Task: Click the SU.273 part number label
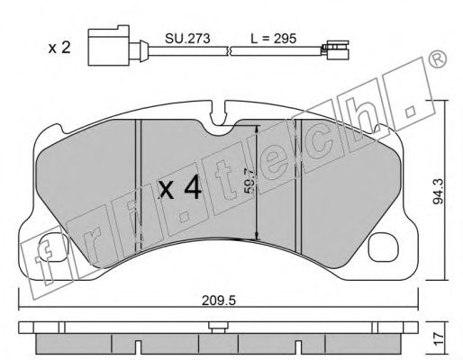[187, 39]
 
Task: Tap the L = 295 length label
[273, 39]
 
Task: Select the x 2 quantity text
[59, 48]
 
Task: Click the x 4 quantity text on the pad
[180, 188]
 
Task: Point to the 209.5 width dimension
[218, 300]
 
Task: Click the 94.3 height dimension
[439, 192]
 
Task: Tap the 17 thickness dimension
[439, 338]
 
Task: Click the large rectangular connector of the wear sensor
[108, 45]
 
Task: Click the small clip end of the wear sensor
[335, 49]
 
